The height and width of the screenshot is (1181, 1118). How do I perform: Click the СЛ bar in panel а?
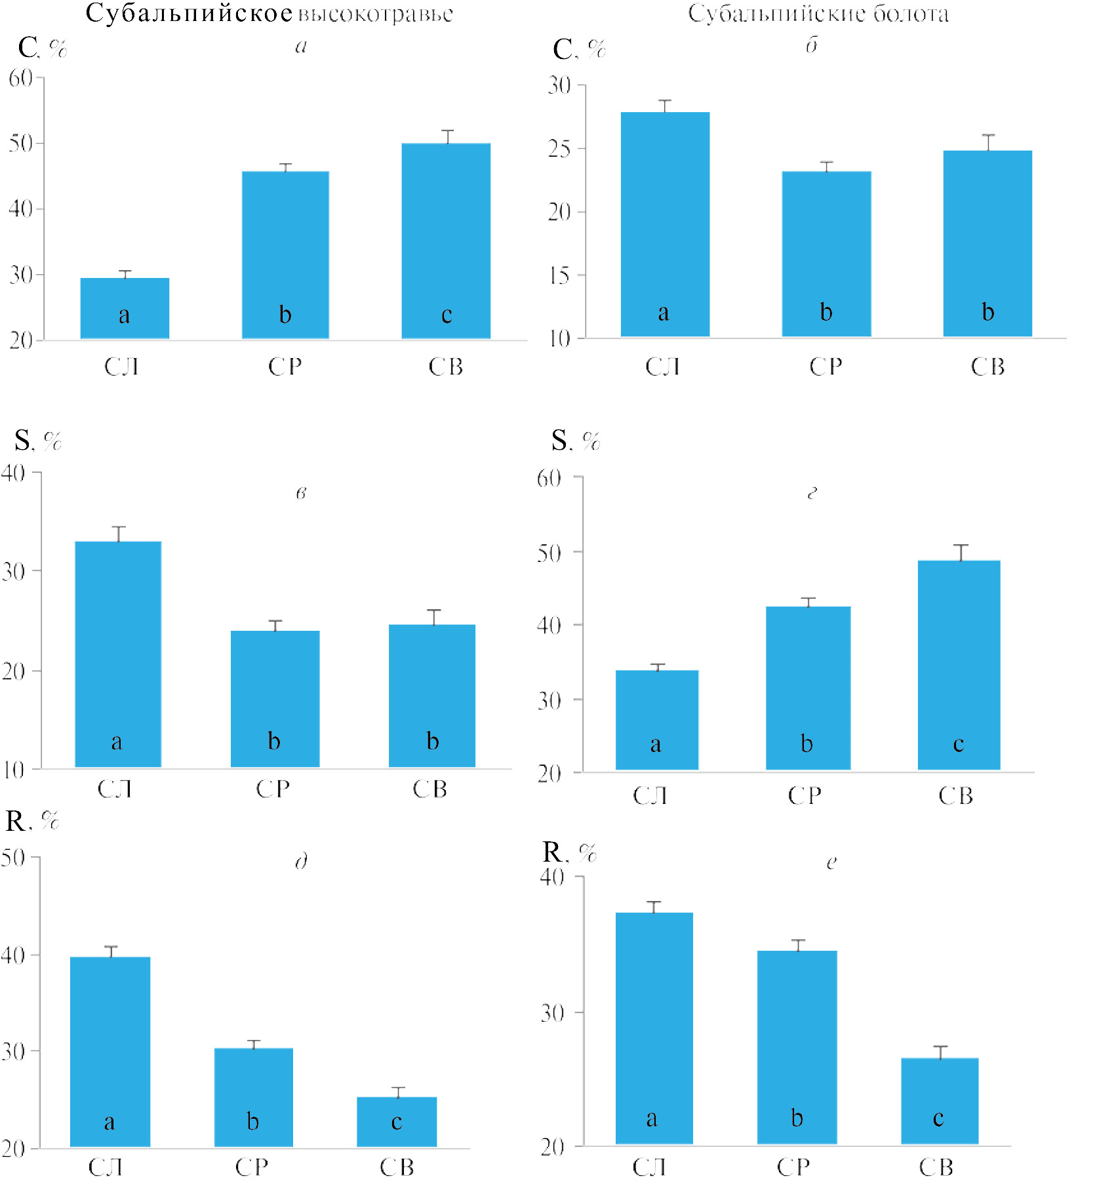coord(125,308)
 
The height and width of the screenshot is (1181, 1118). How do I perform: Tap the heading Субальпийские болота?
coord(818,14)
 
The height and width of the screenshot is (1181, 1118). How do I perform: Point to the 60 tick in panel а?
coord(21,78)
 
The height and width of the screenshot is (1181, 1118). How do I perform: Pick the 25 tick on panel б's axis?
coord(560,149)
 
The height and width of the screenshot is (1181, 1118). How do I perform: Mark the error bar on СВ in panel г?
coord(961,552)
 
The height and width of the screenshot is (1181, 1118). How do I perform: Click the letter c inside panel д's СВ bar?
coord(397,1121)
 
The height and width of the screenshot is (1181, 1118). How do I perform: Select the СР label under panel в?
coord(273,789)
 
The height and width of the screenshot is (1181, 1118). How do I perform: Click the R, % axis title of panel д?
coord(32,820)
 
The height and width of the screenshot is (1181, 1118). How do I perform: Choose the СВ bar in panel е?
coord(940,1101)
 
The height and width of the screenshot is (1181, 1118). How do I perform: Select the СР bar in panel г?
coord(808,688)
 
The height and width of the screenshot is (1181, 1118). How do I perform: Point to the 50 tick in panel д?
coord(13,858)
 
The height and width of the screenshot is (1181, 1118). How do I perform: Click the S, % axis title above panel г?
coord(576,441)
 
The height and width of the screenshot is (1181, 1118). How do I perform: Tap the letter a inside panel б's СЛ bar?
coord(664,313)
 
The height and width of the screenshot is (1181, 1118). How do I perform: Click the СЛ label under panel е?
coord(649,1167)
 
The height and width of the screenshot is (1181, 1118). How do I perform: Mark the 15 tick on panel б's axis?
coord(560,275)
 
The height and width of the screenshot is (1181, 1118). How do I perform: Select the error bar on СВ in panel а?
coord(447,136)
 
